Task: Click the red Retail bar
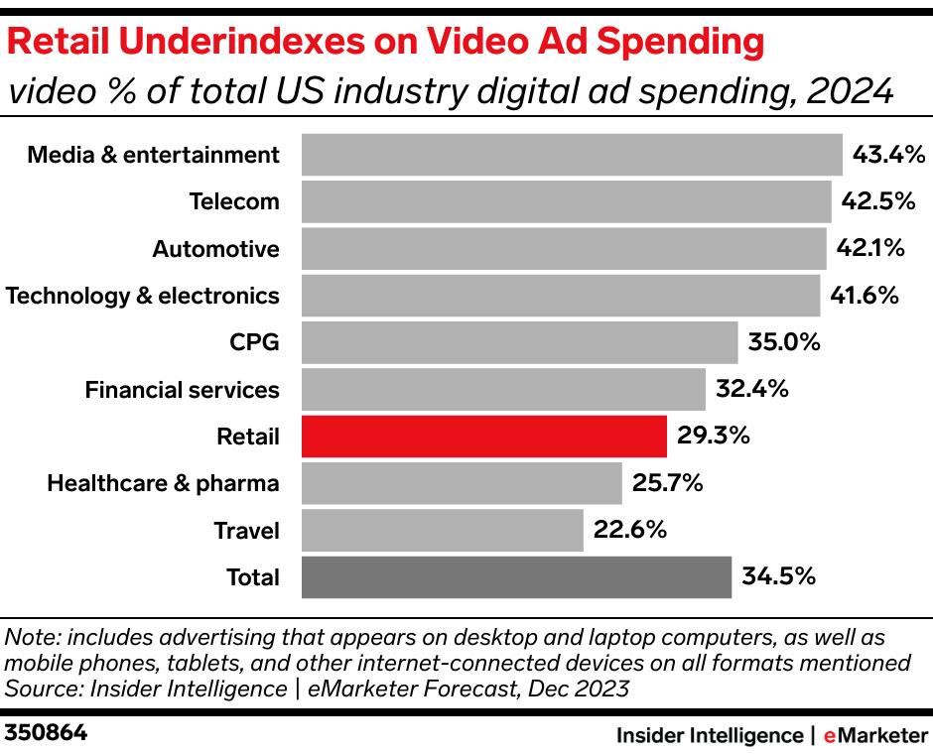(483, 437)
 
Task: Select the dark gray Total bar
(516, 577)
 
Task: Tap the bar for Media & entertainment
(572, 155)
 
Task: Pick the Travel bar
(442, 531)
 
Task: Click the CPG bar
(519, 342)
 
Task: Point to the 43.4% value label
(888, 155)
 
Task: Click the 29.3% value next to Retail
(713, 437)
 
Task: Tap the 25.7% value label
(667, 483)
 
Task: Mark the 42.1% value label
(870, 248)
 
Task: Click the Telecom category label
(234, 201)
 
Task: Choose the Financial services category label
(182, 390)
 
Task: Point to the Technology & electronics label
(142, 296)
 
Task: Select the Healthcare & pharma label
(163, 483)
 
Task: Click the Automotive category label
(215, 249)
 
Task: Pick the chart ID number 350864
(47, 734)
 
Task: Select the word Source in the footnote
(39, 688)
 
